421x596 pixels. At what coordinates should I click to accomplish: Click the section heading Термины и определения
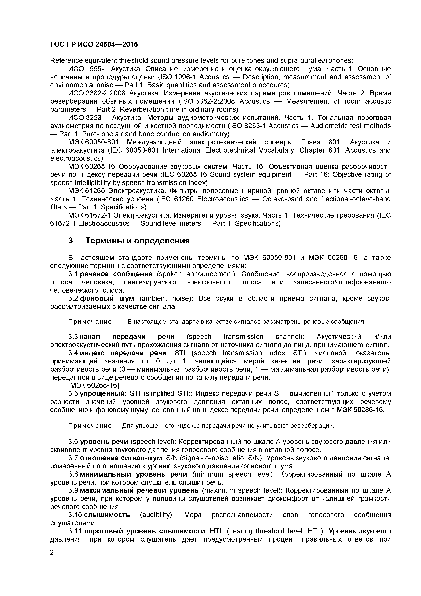[x=138, y=241]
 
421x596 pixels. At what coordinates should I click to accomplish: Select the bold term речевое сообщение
[x=116, y=274]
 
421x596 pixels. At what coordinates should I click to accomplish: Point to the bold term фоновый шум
[x=107, y=298]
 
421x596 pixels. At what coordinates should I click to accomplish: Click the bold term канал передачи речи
[x=127, y=337]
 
